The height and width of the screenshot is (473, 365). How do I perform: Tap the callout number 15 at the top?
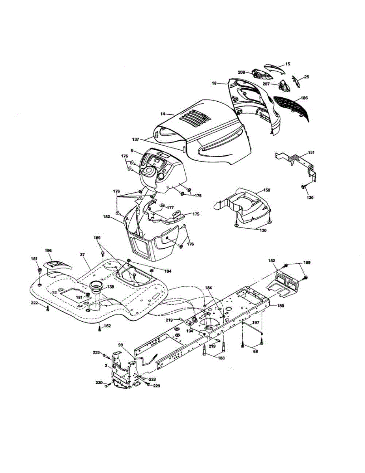[287, 64]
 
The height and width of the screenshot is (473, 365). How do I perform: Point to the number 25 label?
[306, 77]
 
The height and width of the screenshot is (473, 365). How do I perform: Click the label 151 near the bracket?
[311, 153]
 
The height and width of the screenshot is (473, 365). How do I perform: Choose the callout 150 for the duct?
[266, 190]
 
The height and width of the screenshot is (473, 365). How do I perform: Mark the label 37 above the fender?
[82, 255]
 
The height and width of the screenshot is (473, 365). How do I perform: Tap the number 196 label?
[48, 250]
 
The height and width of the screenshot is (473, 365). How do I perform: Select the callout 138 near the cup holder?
[110, 287]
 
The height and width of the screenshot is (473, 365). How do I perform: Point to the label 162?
[107, 326]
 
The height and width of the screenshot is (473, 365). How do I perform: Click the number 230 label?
[99, 383]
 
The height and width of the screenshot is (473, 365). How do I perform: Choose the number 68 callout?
[256, 352]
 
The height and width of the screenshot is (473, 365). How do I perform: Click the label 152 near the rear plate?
[271, 261]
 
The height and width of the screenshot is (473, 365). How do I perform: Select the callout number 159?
[307, 263]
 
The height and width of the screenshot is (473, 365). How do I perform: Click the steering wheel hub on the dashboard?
[149, 171]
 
